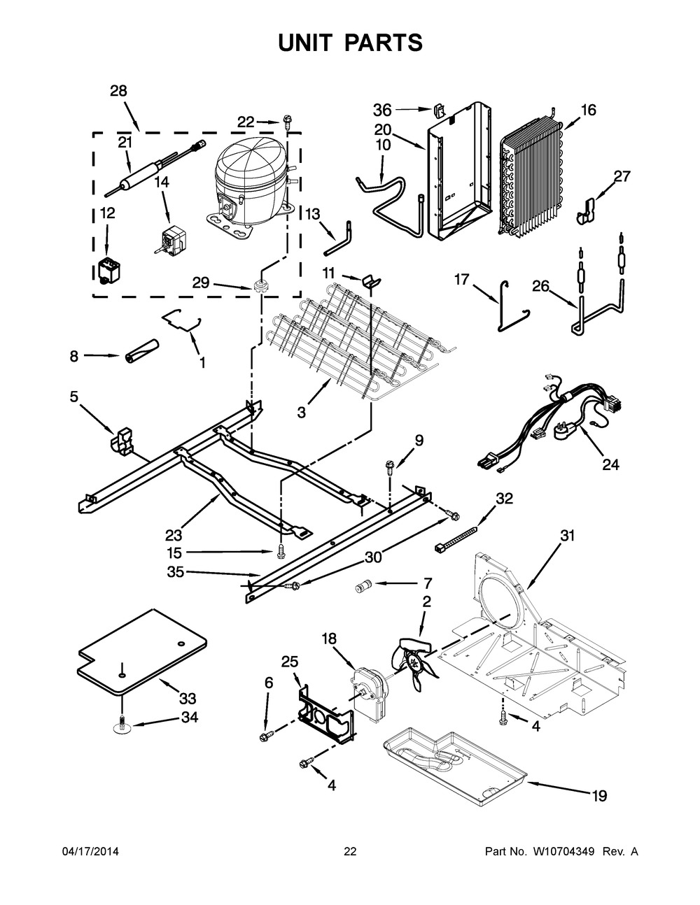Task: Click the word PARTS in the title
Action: click(384, 43)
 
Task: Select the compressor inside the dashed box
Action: click(249, 187)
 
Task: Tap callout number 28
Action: click(118, 91)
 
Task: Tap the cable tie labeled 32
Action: click(456, 540)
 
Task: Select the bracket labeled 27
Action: click(587, 212)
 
